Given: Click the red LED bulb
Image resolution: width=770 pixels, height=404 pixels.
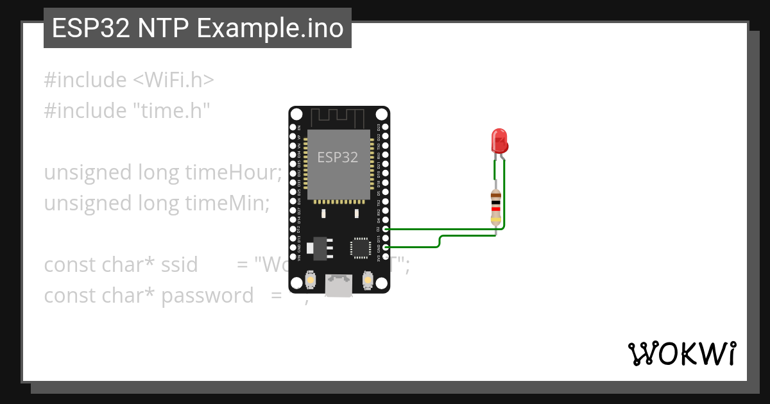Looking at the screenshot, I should [499, 140].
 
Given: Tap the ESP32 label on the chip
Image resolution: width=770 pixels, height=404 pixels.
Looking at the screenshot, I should [338, 157].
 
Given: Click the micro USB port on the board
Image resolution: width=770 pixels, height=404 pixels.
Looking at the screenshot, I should [338, 285].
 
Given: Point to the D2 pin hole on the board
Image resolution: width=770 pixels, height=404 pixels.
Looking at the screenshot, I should [385, 228].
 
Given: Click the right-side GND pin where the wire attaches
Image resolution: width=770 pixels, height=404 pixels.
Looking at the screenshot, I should [385, 246].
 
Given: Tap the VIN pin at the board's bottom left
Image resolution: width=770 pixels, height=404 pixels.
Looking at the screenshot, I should [293, 256].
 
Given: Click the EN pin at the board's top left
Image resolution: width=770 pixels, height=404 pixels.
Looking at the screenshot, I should [293, 128].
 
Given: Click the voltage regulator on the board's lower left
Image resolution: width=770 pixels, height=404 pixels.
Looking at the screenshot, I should [318, 248].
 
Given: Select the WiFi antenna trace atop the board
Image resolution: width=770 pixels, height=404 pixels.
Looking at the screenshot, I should [338, 117].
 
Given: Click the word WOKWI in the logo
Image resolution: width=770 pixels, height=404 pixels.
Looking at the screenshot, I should [681, 353].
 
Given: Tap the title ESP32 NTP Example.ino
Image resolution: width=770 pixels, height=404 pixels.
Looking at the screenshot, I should [198, 28].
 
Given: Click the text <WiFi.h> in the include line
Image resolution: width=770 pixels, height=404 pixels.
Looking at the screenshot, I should [173, 80].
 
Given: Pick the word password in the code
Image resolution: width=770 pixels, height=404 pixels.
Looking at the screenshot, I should [207, 296].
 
